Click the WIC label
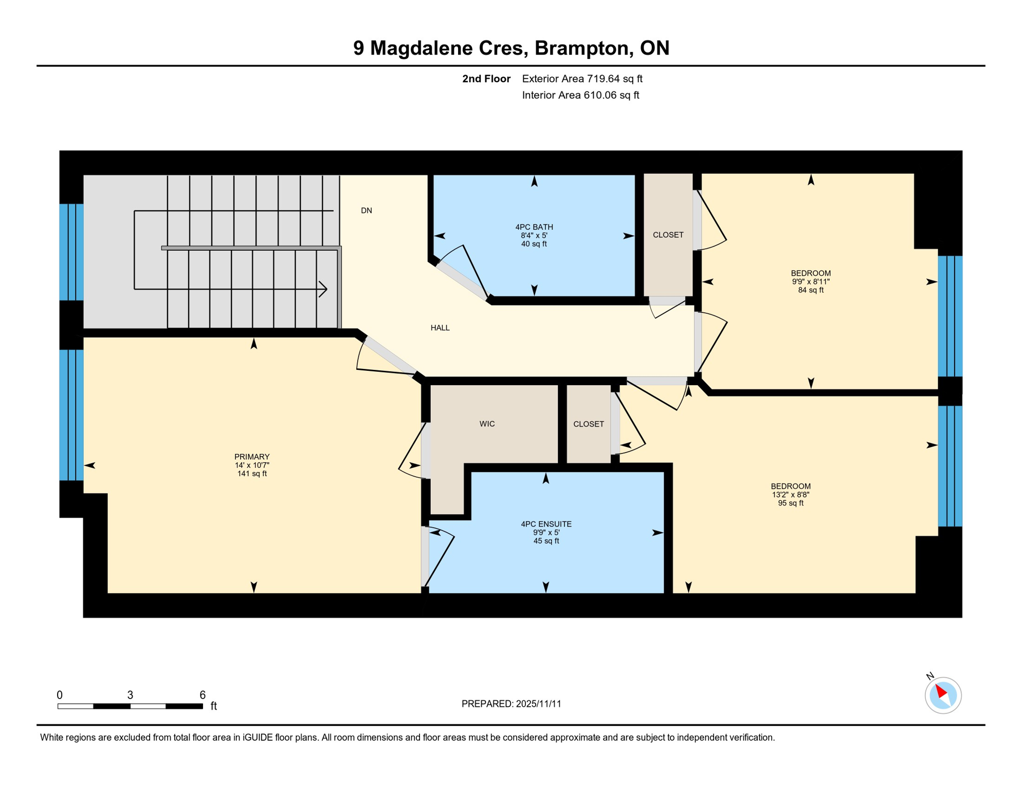pos(487,424)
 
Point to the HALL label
pos(440,328)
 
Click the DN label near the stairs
pos(366,211)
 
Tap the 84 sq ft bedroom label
pos(811,281)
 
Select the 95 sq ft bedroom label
pos(791,494)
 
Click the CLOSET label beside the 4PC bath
pos(668,235)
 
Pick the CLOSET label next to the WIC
pos(589,424)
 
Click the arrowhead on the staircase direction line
pos(324,289)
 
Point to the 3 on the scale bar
pos(130,695)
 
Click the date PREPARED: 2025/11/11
pos(511,704)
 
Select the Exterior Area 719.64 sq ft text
pos(582,79)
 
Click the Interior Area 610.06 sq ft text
pos(580,95)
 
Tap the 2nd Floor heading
pos(486,79)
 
